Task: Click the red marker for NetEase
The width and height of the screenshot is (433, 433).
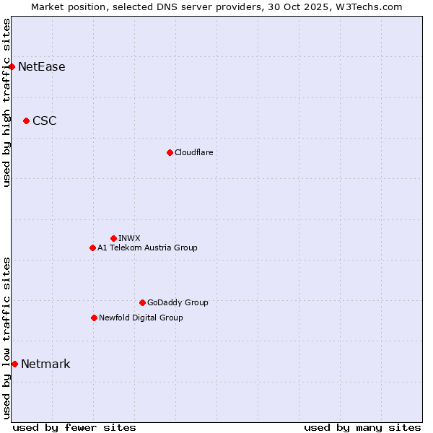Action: point(12,67)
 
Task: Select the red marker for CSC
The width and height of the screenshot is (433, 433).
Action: point(26,121)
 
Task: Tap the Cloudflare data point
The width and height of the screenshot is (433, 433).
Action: point(170,152)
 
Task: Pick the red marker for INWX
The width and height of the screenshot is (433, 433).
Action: point(113,238)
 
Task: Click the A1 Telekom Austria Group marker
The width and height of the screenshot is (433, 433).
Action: point(92,248)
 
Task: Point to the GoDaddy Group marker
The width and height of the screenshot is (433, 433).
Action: point(142,302)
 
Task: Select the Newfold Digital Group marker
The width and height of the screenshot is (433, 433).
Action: point(94,318)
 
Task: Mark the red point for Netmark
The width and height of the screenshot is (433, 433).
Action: point(14,364)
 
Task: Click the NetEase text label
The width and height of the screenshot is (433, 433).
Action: point(42,67)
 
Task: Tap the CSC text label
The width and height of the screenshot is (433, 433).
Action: point(45,121)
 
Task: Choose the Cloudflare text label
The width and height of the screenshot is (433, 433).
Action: point(194,152)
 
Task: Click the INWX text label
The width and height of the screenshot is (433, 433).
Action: point(130,238)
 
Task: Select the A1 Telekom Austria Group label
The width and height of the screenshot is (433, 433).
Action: point(147,248)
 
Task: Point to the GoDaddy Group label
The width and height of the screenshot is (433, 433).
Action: point(178,302)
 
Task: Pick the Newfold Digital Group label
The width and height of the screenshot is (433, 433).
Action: point(141,318)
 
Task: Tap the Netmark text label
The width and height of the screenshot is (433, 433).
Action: point(45,364)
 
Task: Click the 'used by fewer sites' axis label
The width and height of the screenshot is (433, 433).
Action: point(74,427)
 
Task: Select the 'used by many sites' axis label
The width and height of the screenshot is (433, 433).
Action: point(362,427)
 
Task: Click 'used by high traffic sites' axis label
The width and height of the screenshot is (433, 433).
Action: point(6,102)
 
